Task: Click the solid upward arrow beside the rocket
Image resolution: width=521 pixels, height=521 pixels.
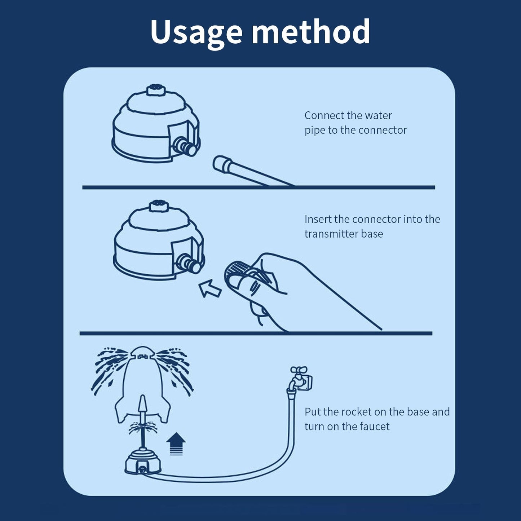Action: click(x=176, y=445)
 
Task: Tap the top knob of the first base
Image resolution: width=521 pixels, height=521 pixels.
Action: click(x=156, y=90)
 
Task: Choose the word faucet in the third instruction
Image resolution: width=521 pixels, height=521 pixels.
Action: click(x=373, y=427)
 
